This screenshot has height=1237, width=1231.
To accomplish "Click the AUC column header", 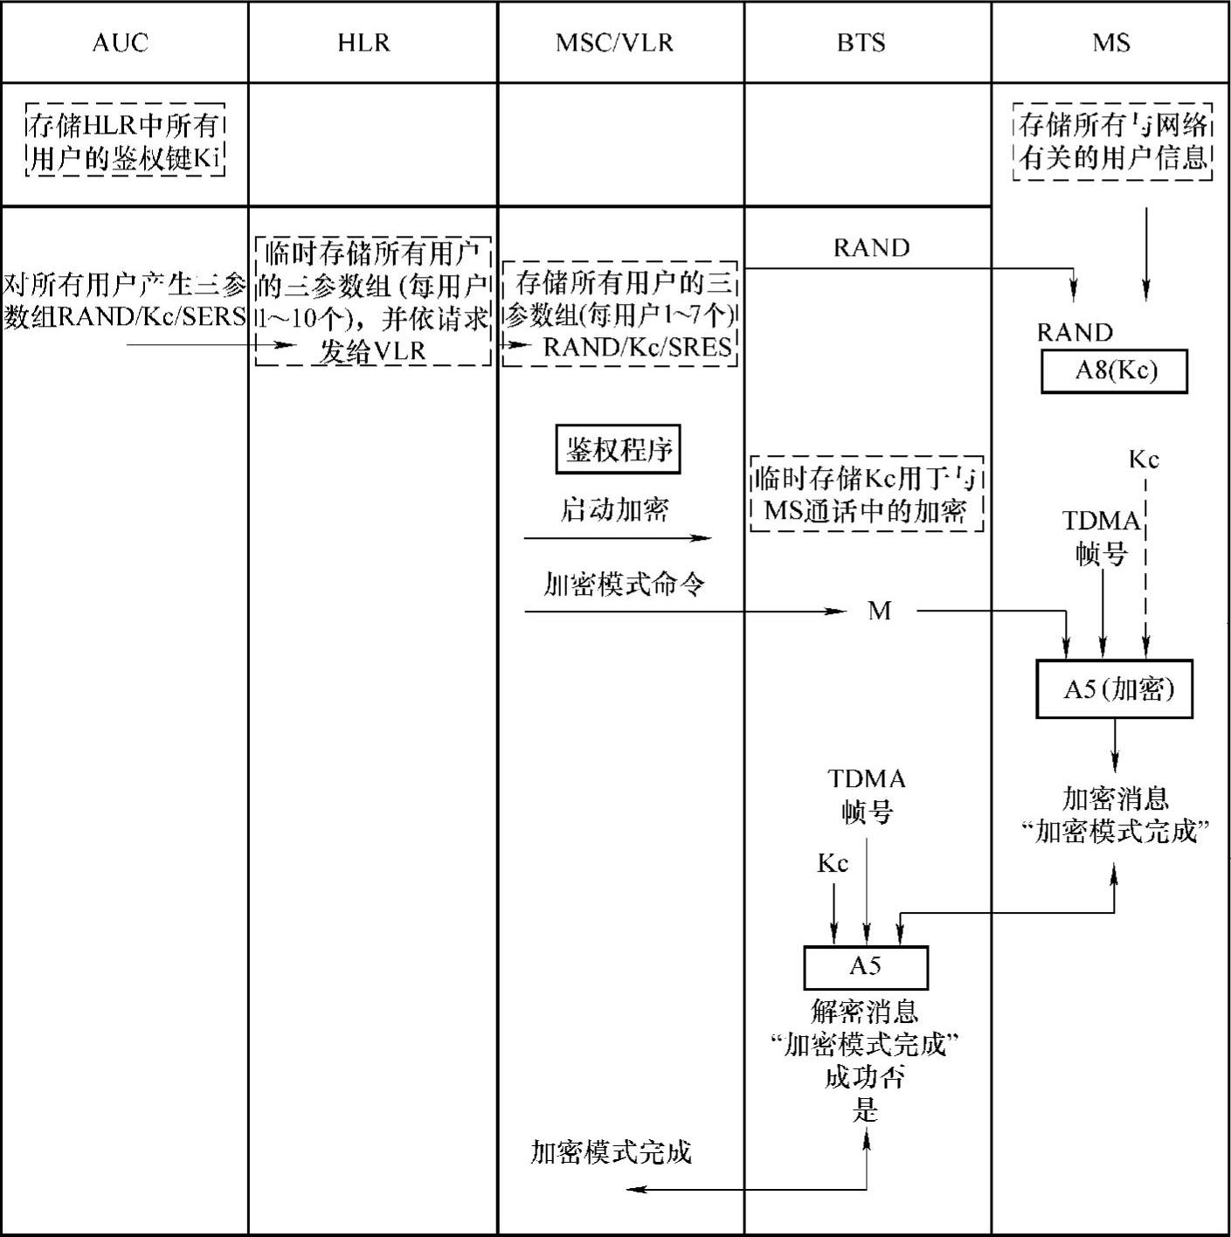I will point(121,43).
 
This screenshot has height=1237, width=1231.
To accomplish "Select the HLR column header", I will point(363,43).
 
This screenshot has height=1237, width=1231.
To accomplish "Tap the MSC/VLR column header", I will point(614,43).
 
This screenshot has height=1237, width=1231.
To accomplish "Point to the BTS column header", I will point(861,43).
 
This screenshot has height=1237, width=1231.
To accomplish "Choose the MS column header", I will point(1110,43).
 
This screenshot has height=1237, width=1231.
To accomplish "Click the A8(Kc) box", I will point(1114,371).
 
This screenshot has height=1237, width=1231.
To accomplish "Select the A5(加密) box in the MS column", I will point(1114,689).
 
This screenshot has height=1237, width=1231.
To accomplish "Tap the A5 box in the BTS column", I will point(865,966).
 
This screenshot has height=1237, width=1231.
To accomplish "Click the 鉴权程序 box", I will point(618,450).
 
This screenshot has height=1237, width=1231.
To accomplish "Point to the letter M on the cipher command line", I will point(879,611).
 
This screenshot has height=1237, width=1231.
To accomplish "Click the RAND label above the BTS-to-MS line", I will point(871,248).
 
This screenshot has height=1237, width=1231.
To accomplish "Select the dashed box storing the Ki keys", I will point(125,142).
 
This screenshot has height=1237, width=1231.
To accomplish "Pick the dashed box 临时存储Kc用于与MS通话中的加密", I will point(866,494).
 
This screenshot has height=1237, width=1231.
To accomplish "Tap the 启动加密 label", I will point(614,509).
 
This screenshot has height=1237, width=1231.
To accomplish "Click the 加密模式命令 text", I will point(623,584).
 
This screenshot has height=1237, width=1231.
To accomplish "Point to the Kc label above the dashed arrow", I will point(1143,460).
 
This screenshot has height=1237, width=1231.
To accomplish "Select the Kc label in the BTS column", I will point(833,864).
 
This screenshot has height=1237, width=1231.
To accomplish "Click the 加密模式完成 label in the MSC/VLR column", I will point(611,1152).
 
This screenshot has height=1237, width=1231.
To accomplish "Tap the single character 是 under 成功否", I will point(865,1111).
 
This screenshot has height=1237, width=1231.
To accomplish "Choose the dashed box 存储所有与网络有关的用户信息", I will point(1113,142).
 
